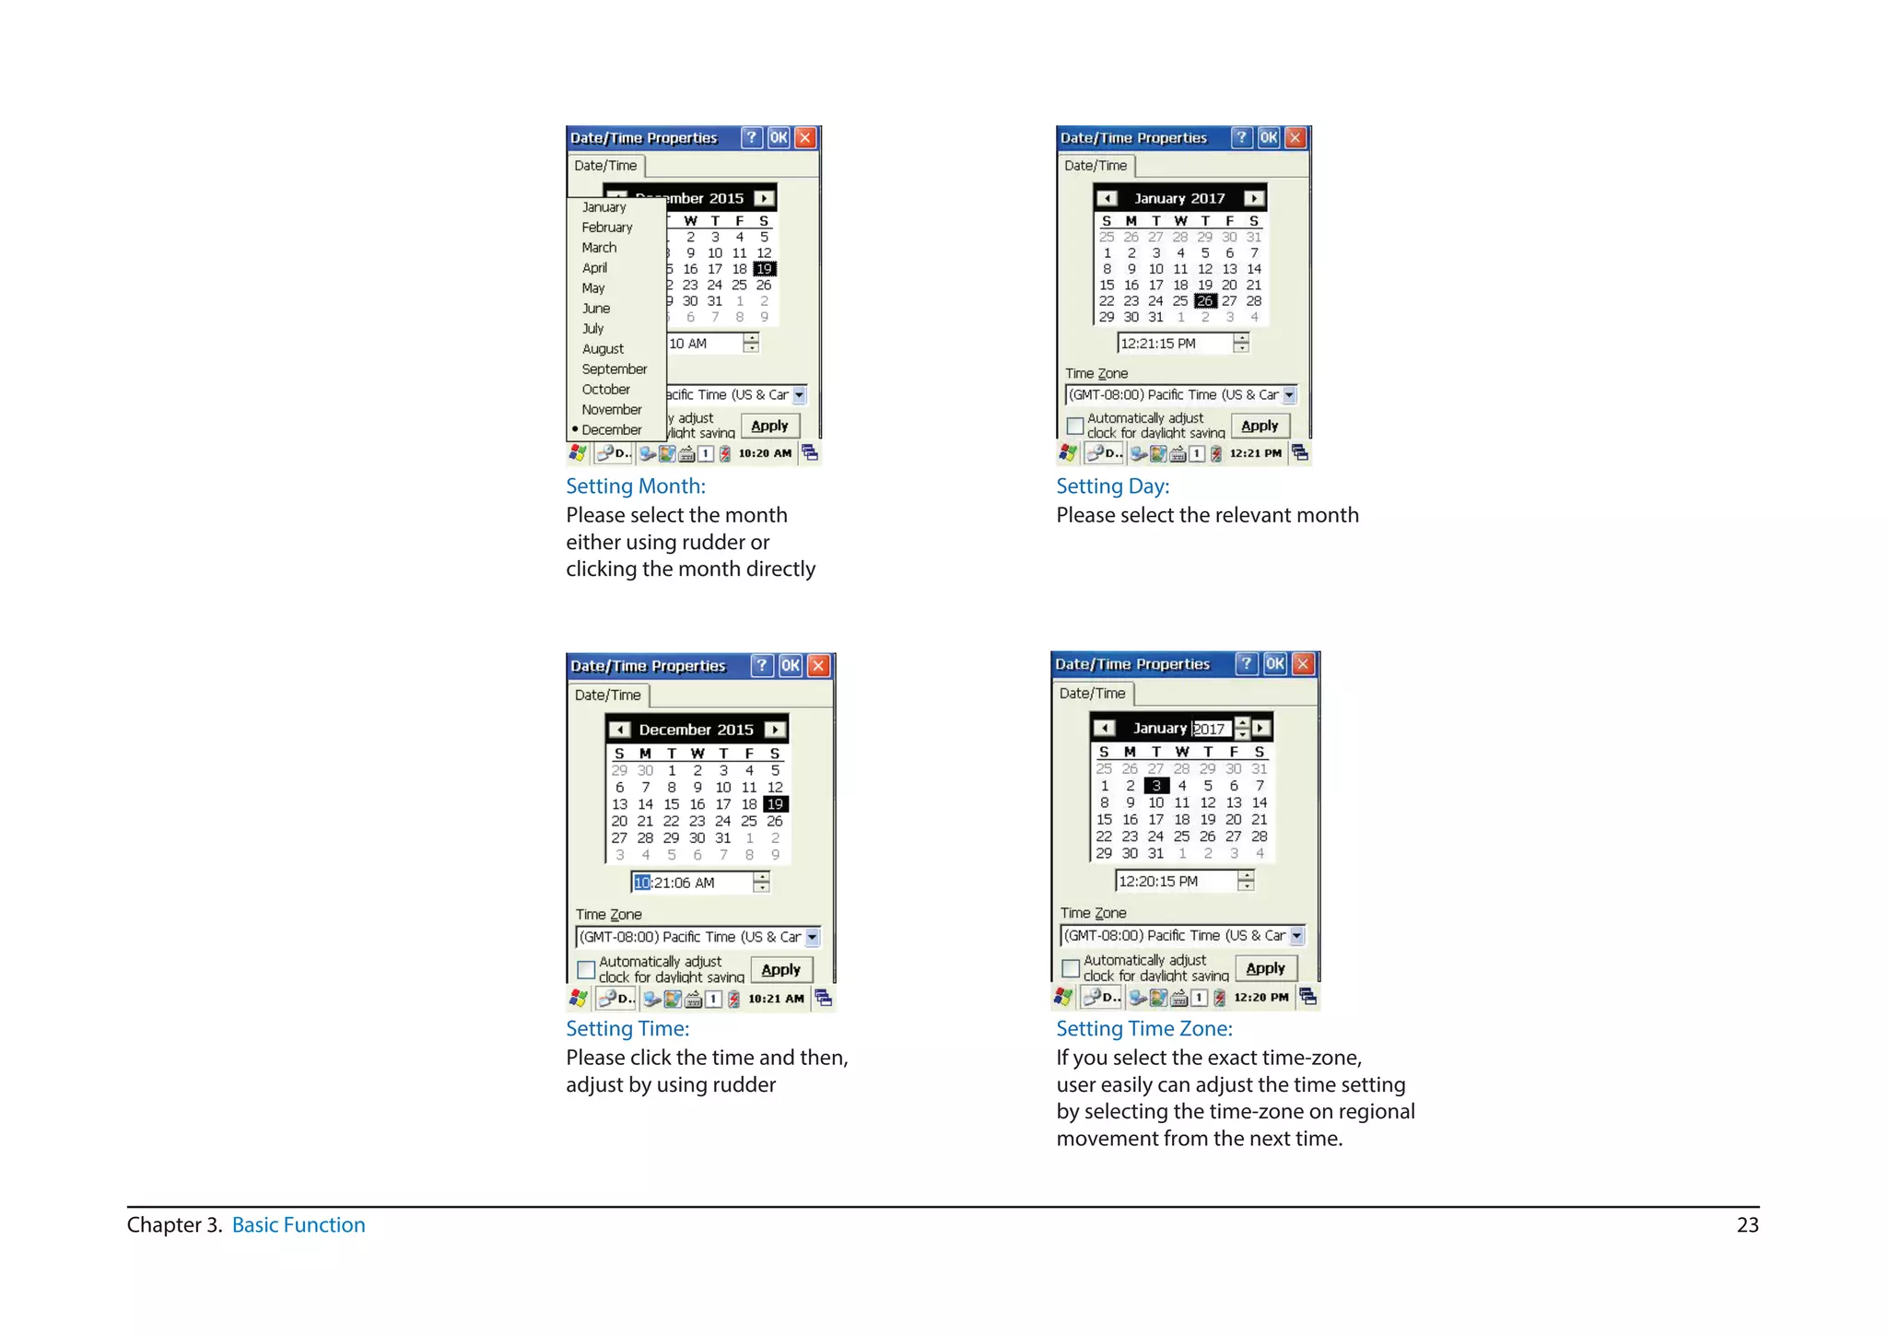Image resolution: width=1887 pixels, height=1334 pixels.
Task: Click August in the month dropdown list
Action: (603, 349)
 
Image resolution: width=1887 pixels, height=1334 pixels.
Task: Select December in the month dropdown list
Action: (611, 430)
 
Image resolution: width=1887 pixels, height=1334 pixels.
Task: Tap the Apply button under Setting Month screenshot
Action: (769, 426)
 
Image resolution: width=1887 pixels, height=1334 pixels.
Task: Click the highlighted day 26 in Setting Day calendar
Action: (1204, 301)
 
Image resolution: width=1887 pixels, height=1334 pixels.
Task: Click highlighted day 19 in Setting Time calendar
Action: (775, 804)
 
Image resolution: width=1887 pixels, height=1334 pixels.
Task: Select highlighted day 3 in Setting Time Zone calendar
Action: (1156, 786)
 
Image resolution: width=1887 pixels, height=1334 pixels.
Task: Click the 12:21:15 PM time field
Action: (1173, 344)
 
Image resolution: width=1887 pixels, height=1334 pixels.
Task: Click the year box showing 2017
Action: (1211, 729)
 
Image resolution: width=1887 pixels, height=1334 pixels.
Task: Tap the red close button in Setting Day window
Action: (1295, 138)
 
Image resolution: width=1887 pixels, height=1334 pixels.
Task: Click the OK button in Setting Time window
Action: (791, 666)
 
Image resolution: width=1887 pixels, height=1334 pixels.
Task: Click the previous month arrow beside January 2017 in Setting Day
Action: (1108, 198)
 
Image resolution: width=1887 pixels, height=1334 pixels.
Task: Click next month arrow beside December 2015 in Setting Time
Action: (776, 730)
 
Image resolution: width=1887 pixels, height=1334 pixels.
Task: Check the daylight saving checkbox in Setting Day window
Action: (1074, 426)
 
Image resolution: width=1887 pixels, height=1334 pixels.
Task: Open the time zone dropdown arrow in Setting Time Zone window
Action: (1296, 936)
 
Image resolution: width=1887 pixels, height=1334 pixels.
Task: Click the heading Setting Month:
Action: (636, 486)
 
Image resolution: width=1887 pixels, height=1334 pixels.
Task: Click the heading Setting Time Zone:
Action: (1143, 1029)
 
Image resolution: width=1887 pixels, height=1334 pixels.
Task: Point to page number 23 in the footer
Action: (1747, 1225)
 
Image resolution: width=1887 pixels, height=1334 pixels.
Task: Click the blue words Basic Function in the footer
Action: (299, 1225)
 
